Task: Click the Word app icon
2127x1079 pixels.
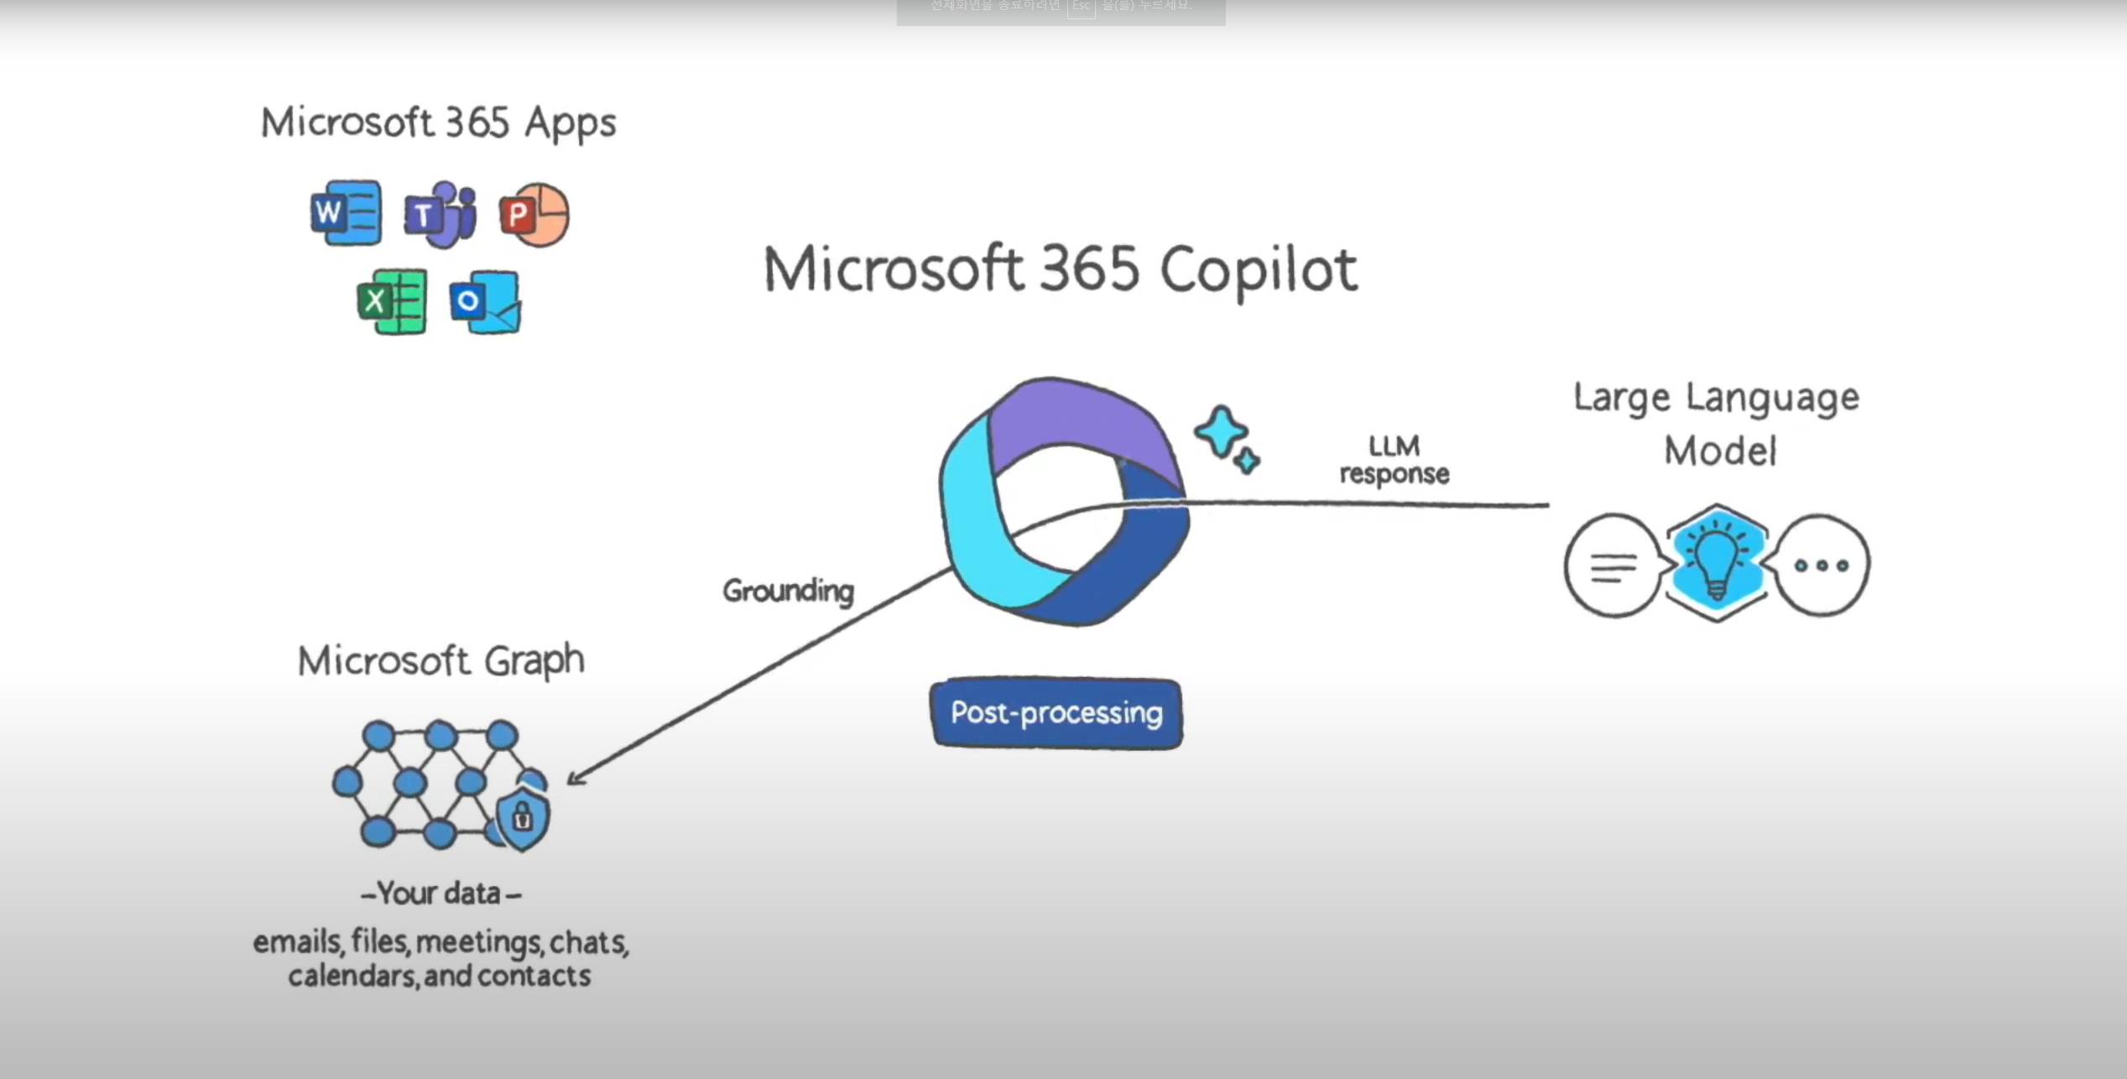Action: tap(346, 212)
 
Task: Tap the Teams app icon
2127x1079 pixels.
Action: tap(441, 215)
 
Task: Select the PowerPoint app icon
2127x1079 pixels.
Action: tap(534, 215)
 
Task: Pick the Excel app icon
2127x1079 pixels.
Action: tap(392, 301)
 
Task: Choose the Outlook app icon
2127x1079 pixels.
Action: tap(485, 302)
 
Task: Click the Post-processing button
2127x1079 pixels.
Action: tap(1056, 713)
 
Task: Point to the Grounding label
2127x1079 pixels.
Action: tap(788, 591)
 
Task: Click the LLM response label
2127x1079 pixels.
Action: tap(1394, 459)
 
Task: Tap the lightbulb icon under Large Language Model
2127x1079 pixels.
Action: tap(1717, 563)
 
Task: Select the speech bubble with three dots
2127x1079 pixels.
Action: tap(1822, 566)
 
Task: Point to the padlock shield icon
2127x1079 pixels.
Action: tap(523, 817)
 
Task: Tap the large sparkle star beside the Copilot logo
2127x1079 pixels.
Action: tap(1220, 432)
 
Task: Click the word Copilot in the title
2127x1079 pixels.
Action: tap(1259, 270)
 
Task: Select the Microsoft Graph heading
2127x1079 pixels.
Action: tap(441, 660)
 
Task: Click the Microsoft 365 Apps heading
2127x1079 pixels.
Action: tap(438, 123)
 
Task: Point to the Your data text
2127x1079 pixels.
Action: tap(440, 894)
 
